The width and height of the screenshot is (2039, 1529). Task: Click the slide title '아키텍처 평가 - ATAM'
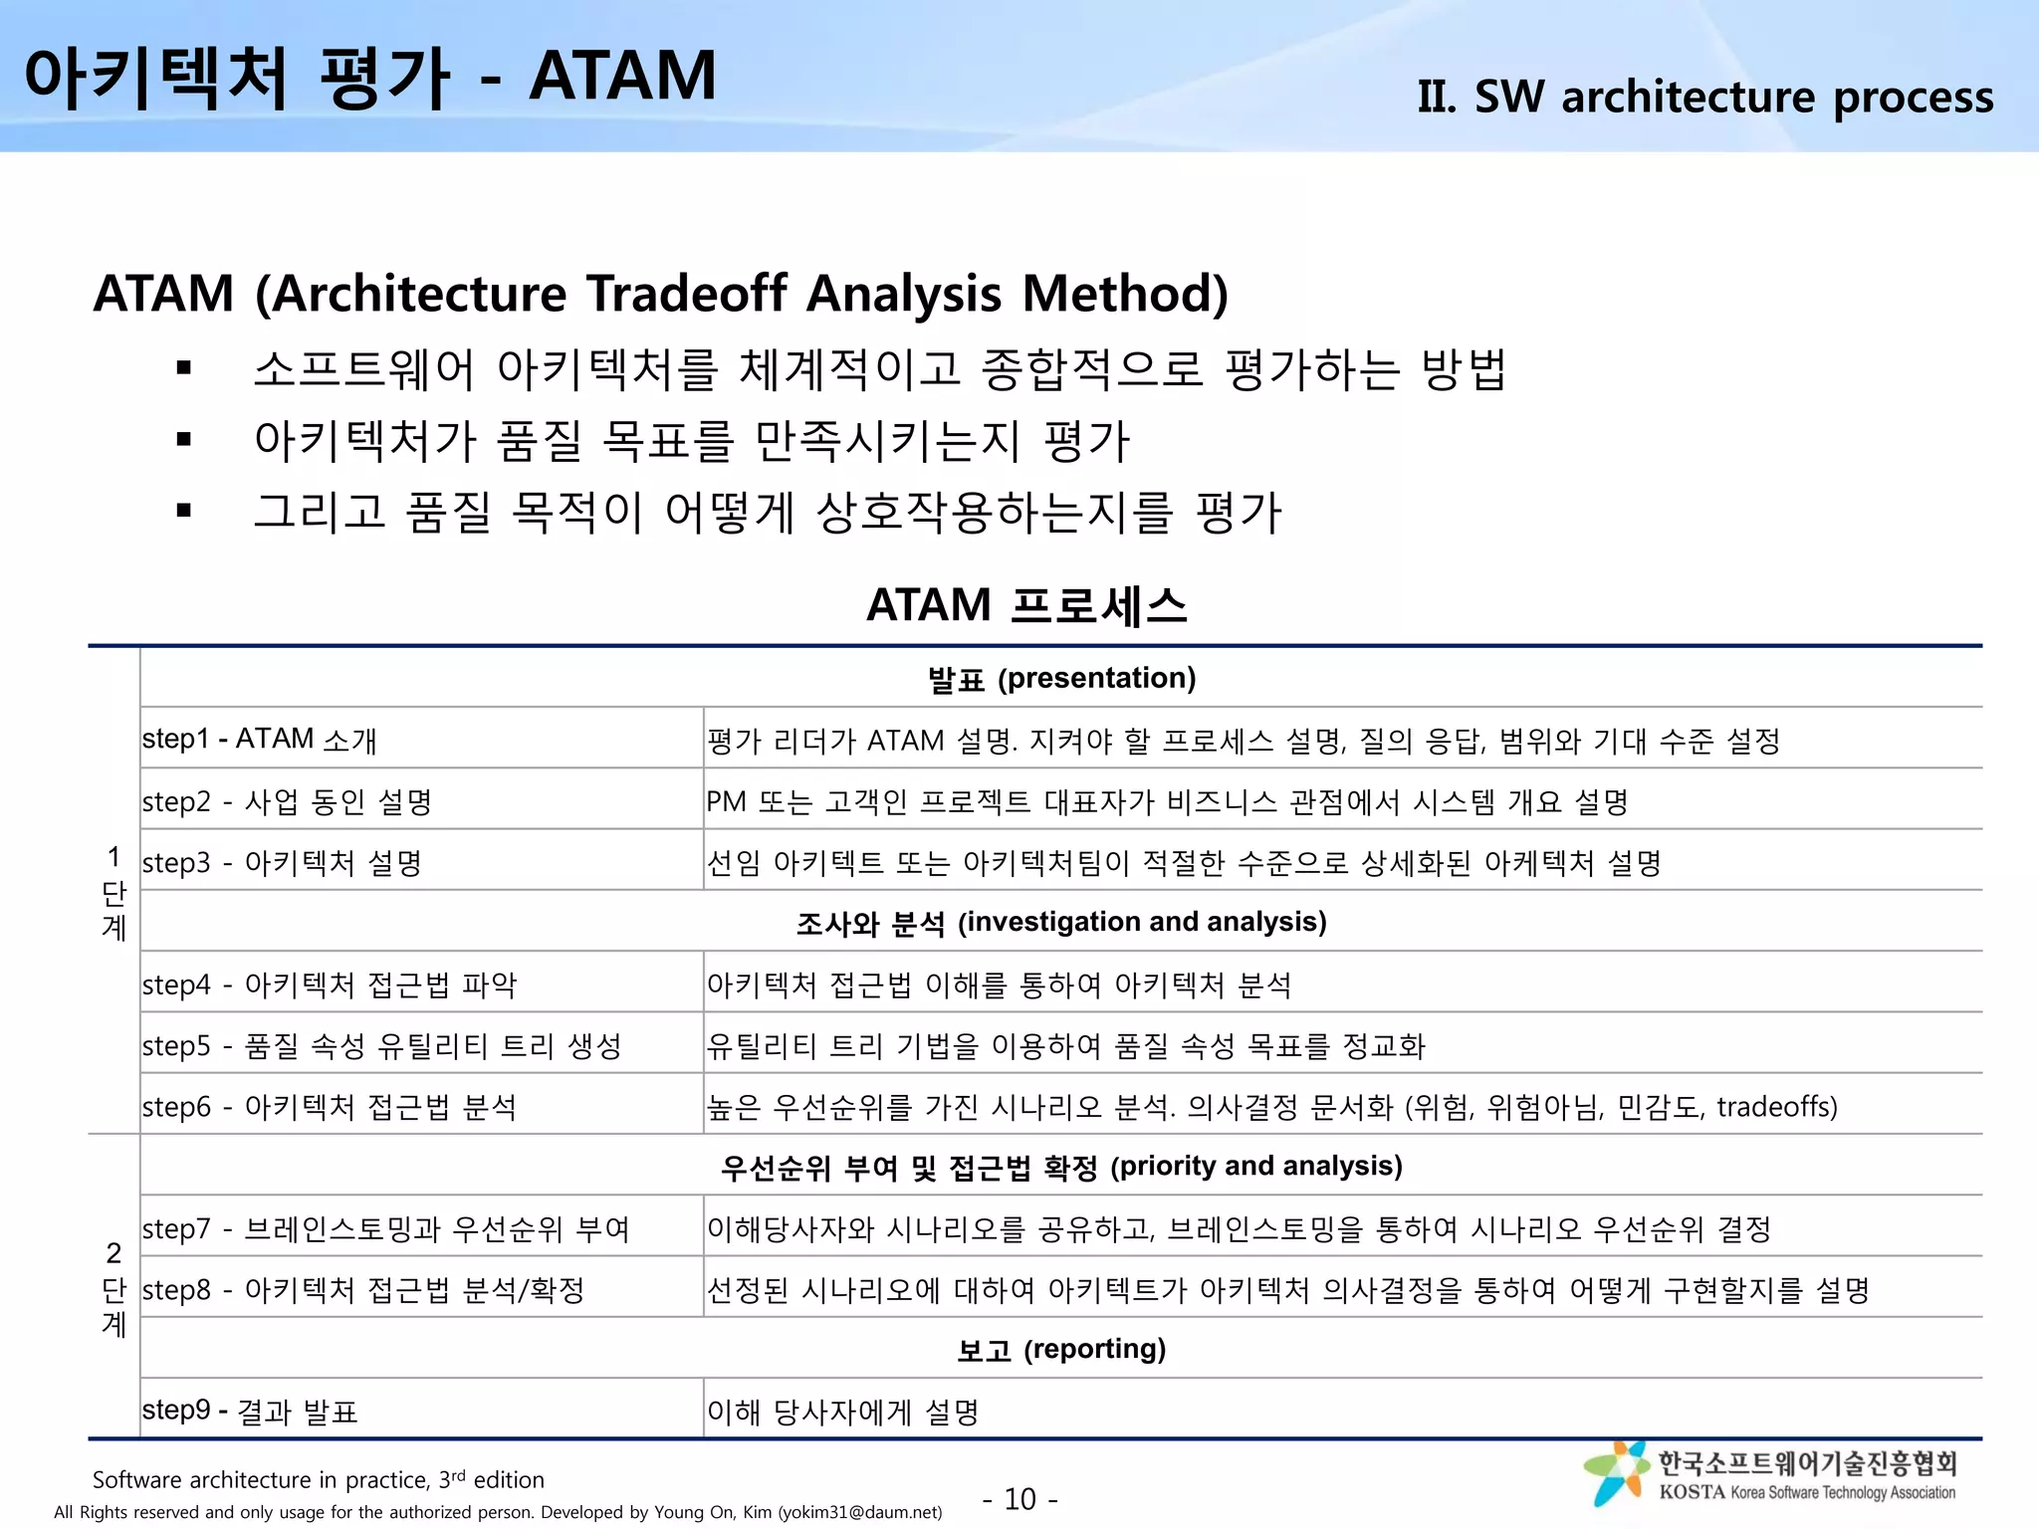pos(369,77)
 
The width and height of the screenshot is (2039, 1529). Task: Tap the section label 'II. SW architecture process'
pos(1704,97)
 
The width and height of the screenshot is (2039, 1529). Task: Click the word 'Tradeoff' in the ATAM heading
pos(688,294)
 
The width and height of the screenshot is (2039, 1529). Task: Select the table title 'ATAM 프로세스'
pos(1026,605)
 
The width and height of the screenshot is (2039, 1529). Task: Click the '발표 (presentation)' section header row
pos(1061,678)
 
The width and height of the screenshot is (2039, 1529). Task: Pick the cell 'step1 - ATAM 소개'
pos(260,740)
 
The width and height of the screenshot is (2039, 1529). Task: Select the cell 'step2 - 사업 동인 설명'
pos(287,801)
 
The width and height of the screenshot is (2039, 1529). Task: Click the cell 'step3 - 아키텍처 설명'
pos(282,862)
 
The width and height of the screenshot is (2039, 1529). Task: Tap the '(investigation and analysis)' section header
pos(1142,922)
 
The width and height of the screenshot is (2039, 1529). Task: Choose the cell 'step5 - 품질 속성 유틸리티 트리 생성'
pos(381,1045)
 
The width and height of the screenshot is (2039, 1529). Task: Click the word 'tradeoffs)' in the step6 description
pos(1776,1107)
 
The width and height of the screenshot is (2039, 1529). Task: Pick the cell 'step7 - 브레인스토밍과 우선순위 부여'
pos(386,1228)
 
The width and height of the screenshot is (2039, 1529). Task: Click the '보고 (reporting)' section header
pos(1061,1349)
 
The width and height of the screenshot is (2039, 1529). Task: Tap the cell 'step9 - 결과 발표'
pos(250,1411)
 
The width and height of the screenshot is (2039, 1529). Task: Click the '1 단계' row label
pos(113,892)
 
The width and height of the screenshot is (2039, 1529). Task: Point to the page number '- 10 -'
pos(1019,1499)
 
